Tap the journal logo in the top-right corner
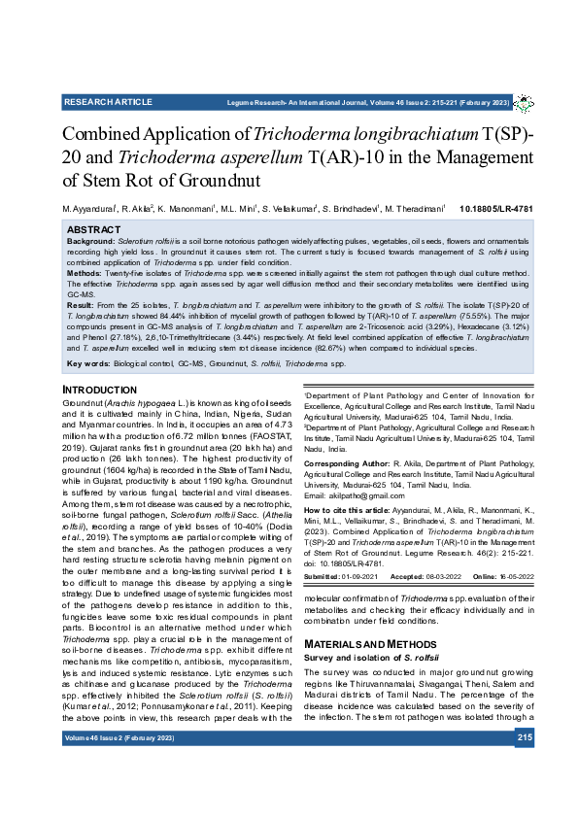click(523, 102)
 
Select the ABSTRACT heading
click(93, 229)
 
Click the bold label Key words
click(87, 363)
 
